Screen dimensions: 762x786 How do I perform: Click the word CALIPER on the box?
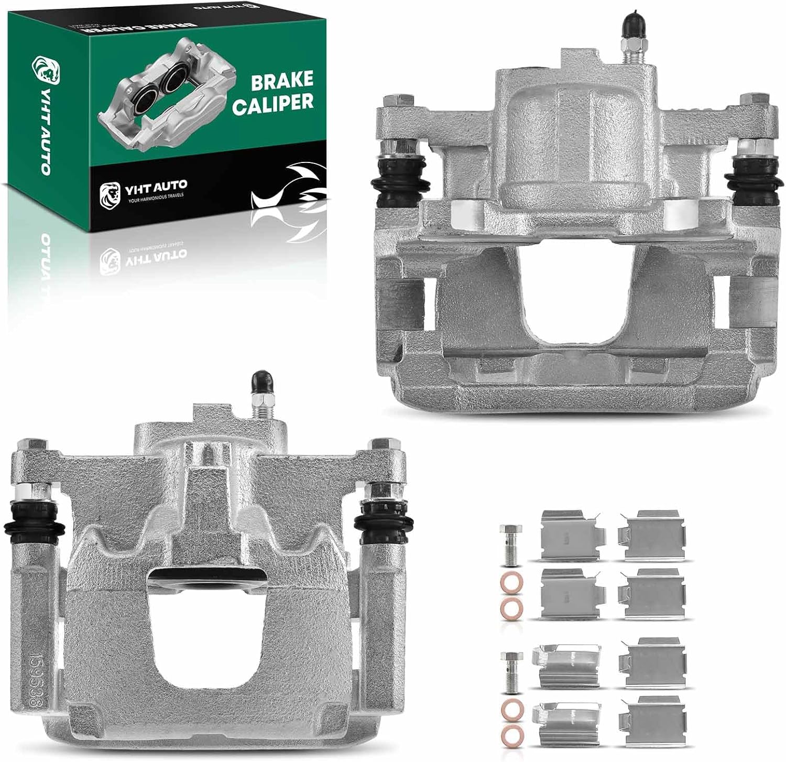[x=272, y=103]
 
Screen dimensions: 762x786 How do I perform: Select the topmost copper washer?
[x=506, y=582]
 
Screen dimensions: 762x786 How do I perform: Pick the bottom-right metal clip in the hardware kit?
[x=650, y=721]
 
